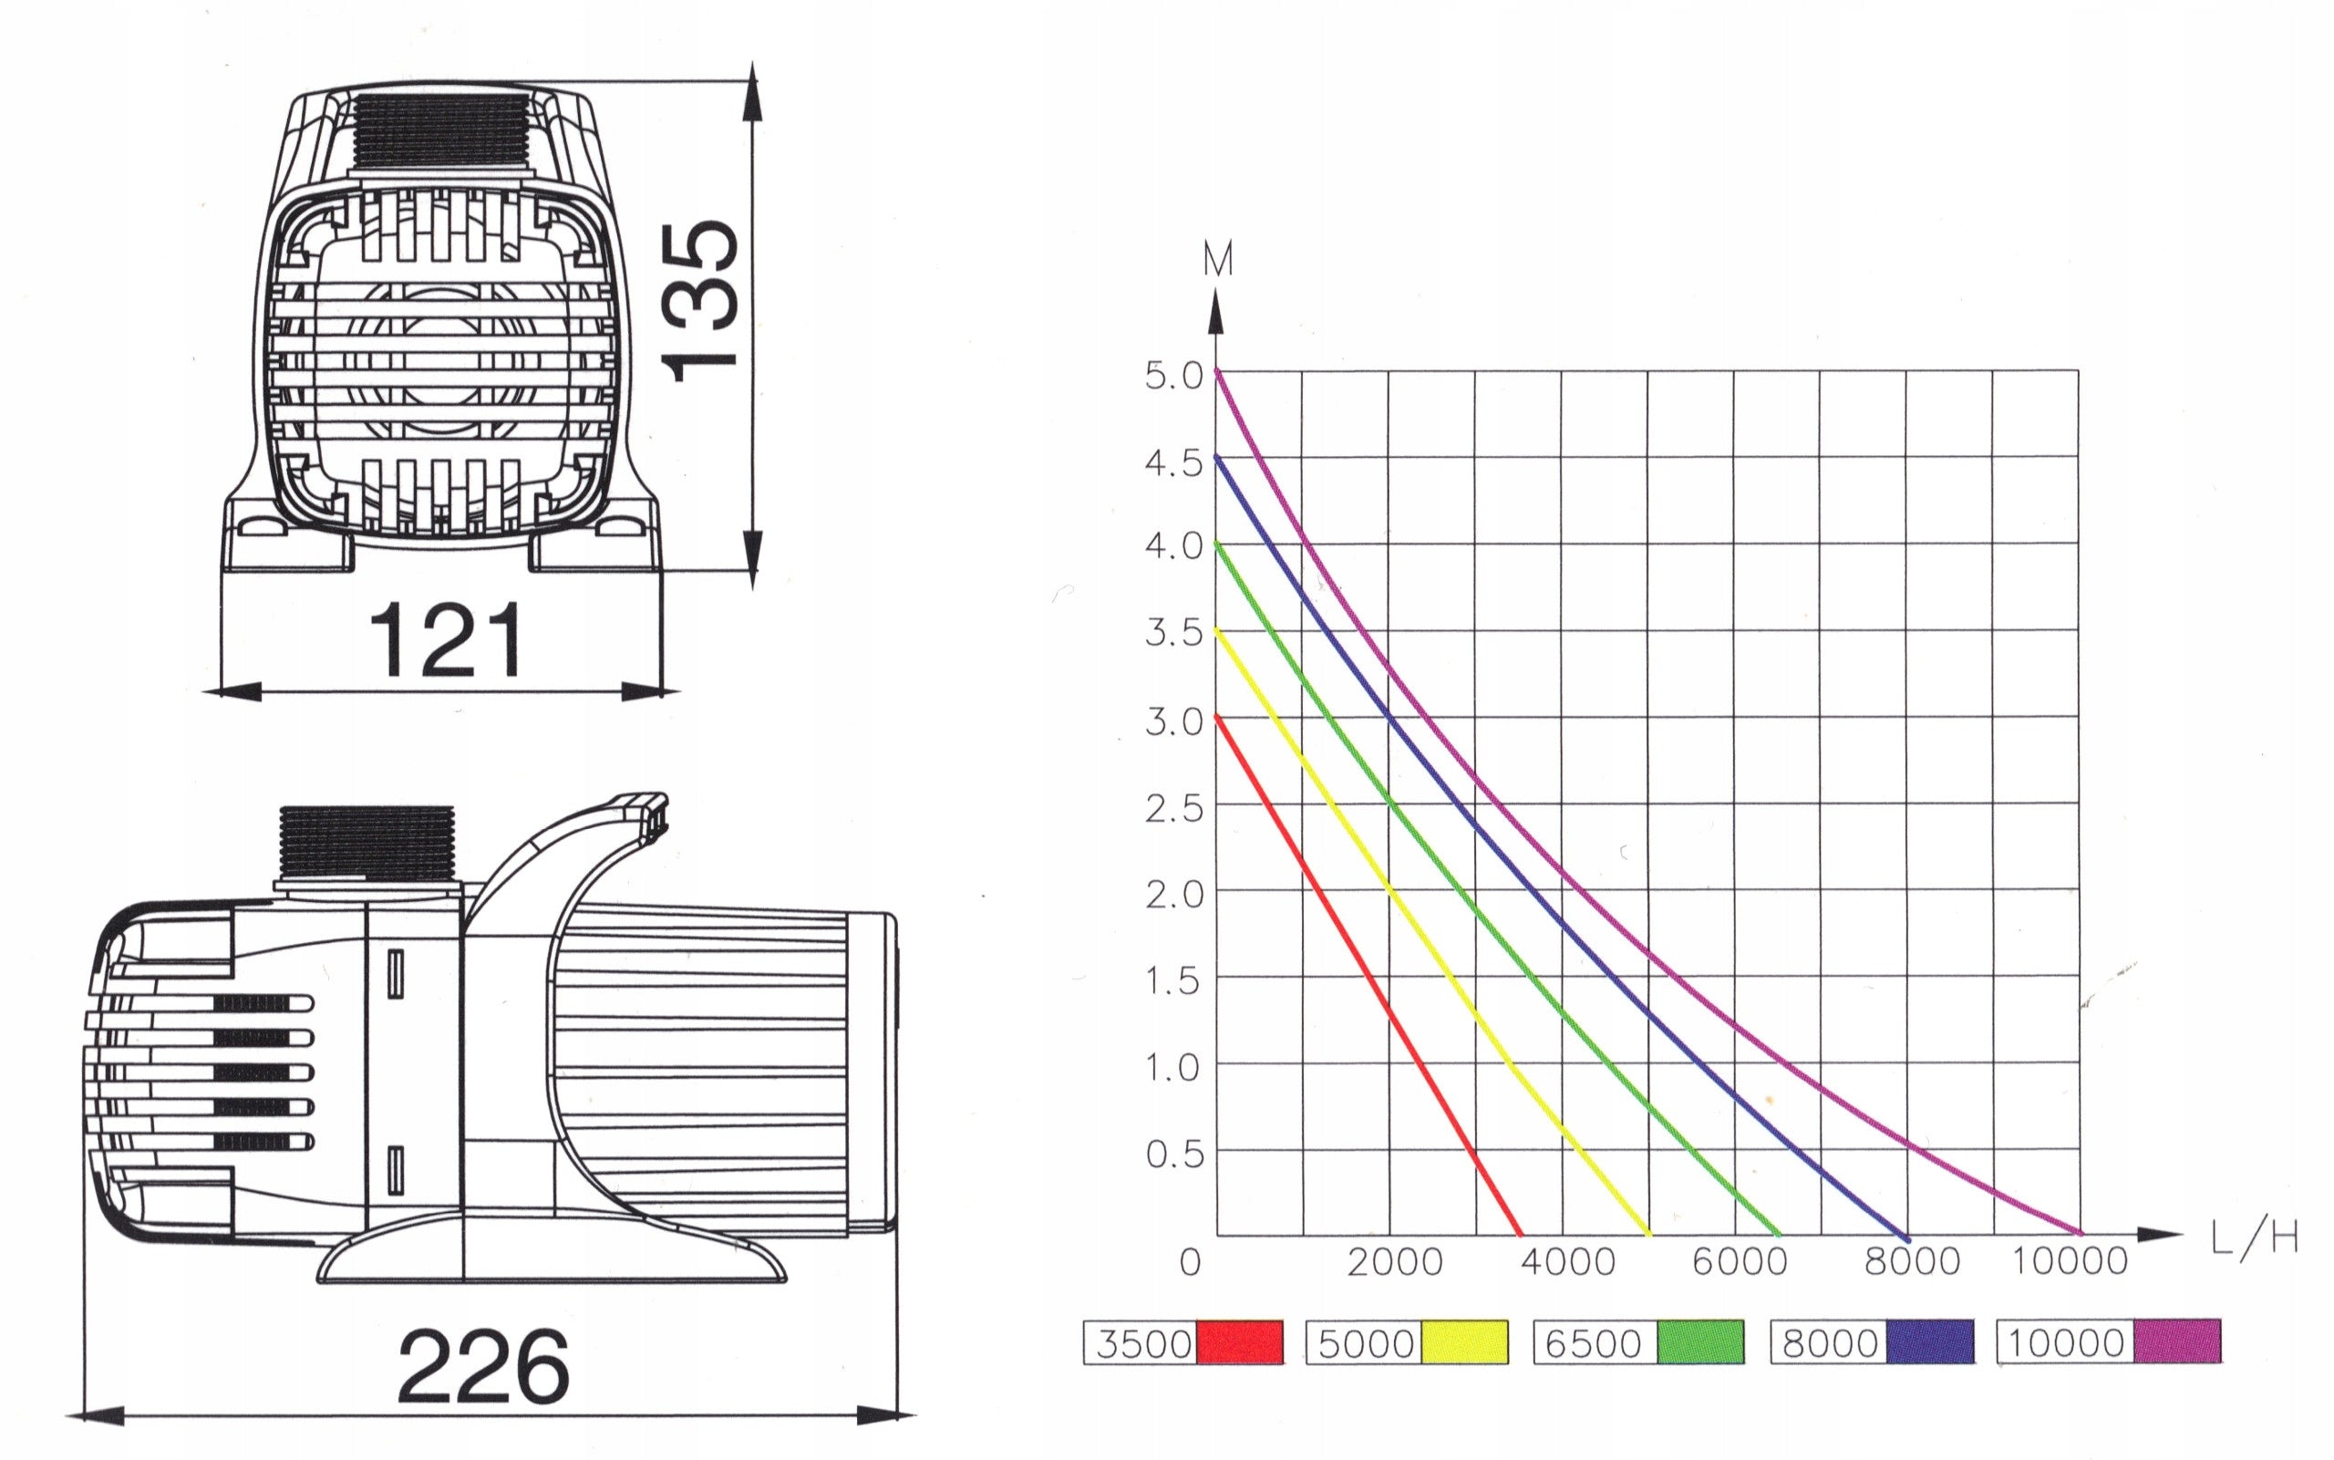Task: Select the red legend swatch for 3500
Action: point(1239,1342)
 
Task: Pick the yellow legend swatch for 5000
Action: point(1464,1342)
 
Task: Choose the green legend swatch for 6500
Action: point(1700,1342)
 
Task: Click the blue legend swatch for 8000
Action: point(1929,1342)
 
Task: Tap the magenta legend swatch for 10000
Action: point(2176,1342)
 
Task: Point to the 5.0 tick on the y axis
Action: point(1173,376)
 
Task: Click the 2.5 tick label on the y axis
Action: point(1173,808)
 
